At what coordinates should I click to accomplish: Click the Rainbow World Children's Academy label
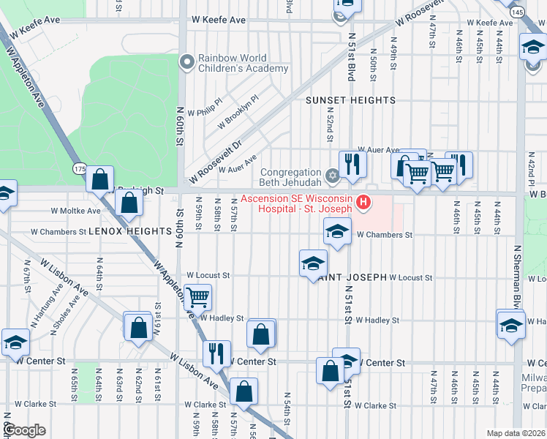pyautogui.click(x=244, y=63)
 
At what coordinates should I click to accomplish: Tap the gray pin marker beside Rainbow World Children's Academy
pyautogui.click(x=187, y=62)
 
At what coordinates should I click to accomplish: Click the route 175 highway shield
pyautogui.click(x=79, y=169)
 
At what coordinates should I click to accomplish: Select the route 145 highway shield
pyautogui.click(x=517, y=12)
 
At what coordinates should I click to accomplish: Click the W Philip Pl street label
pyautogui.click(x=205, y=112)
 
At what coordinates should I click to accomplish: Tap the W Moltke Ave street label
pyautogui.click(x=75, y=211)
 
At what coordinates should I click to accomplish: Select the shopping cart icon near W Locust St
pyautogui.click(x=197, y=296)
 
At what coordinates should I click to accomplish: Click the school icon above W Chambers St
pyautogui.click(x=336, y=232)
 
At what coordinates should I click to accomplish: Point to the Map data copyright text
pyautogui.click(x=515, y=433)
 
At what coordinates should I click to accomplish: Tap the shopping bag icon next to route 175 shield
pyautogui.click(x=100, y=178)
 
